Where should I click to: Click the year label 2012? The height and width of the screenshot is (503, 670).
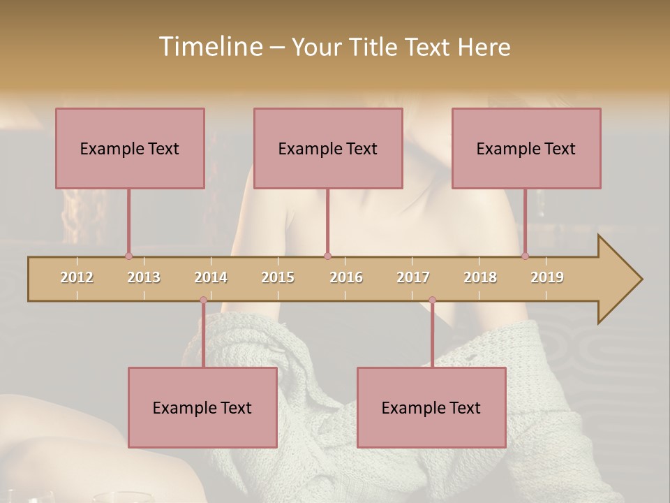77,277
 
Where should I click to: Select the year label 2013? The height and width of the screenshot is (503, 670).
144,277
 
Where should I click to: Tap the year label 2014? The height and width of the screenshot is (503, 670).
211,277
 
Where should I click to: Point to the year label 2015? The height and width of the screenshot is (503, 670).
278,277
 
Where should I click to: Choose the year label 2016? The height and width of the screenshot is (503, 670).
346,277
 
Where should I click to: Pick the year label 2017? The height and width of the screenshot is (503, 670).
413,277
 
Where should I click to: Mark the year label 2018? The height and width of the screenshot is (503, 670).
480,277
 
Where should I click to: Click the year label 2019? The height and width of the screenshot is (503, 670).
547,277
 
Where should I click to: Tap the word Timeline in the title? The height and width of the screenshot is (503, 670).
209,47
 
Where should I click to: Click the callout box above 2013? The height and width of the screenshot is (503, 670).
130,148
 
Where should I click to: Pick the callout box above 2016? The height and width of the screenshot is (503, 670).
328,148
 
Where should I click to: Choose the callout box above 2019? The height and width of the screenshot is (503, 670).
526,148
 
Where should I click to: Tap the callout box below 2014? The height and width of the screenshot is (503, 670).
202,407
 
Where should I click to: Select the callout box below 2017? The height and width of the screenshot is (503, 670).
431,407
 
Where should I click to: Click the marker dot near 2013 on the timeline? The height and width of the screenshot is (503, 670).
128,256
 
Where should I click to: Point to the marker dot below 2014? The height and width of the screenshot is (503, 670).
203,300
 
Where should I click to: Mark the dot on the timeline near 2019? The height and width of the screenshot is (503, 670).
525,256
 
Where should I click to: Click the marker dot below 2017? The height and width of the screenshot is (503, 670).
432,300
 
